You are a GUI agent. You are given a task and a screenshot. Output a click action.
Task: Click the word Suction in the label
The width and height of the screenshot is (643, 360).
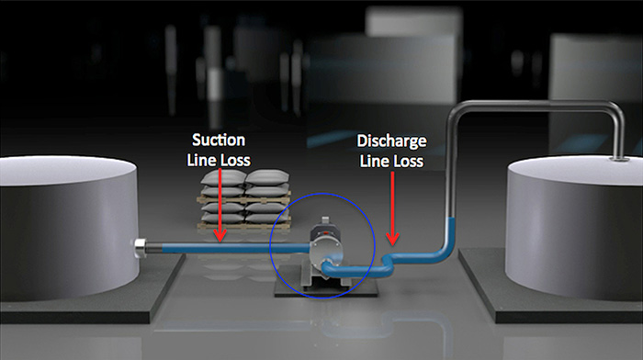coord(220,141)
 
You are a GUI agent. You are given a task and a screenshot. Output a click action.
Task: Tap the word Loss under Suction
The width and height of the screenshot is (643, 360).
coord(234,159)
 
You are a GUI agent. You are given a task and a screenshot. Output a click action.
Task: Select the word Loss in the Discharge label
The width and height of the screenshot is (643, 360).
coord(408,161)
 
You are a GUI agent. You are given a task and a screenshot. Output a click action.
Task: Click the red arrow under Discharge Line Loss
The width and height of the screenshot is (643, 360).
coord(393,207)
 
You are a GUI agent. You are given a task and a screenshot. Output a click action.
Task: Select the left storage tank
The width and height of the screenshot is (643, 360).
coord(64,225)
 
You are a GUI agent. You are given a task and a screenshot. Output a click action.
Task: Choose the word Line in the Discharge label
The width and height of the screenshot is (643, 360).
coord(378,161)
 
